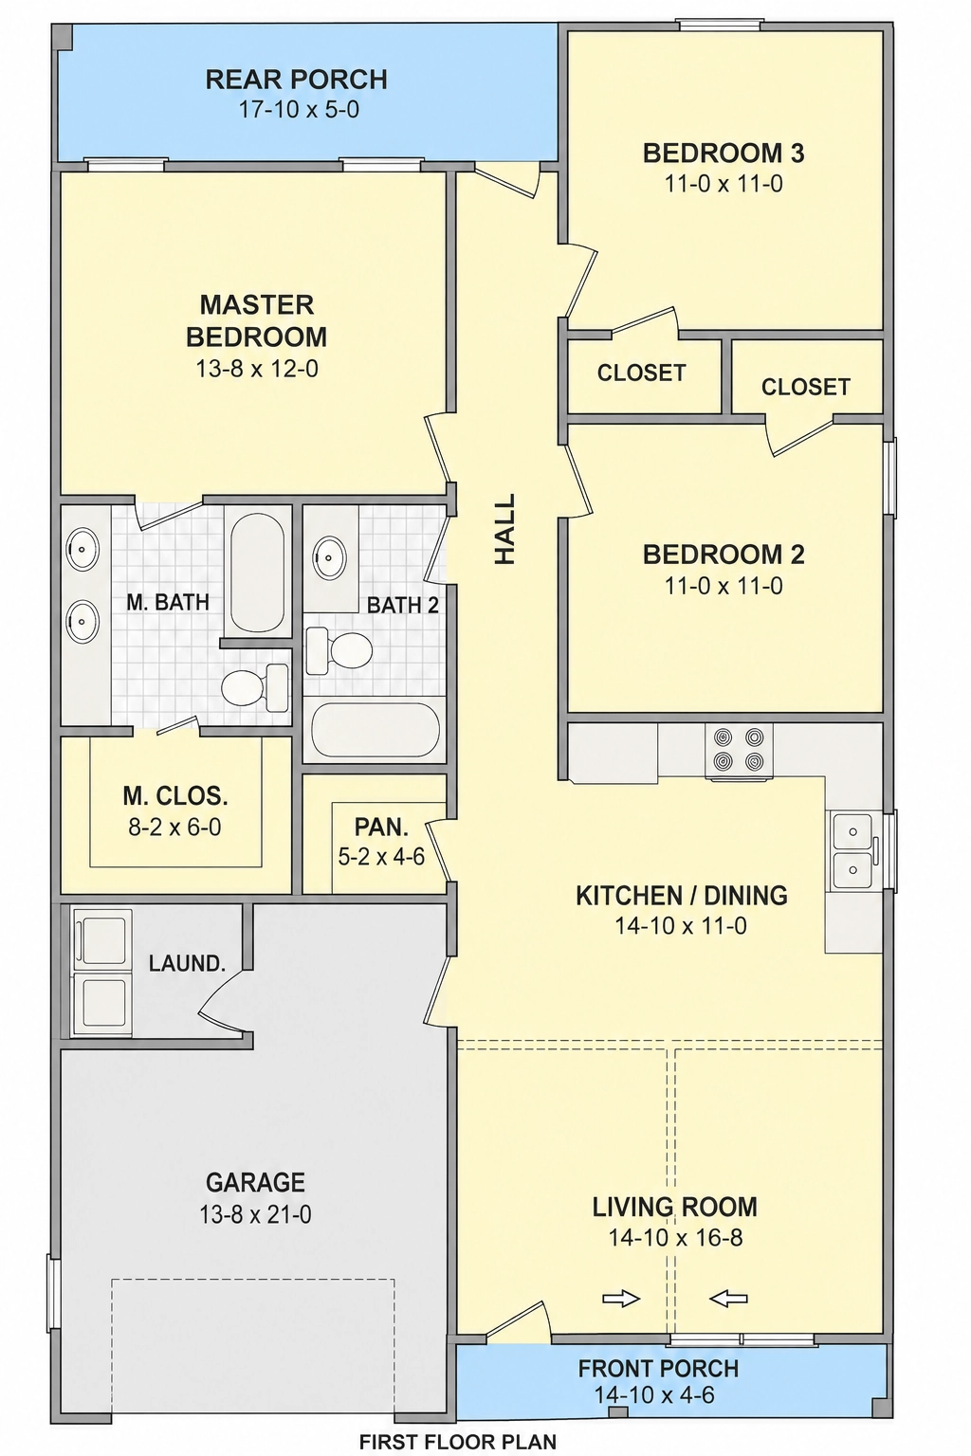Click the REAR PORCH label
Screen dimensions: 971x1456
click(297, 80)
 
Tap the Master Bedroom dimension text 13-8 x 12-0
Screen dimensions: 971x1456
click(257, 369)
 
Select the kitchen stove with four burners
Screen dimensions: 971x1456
click(739, 752)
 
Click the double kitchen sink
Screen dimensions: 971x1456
click(853, 850)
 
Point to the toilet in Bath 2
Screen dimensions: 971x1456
click(339, 650)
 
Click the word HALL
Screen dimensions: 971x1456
click(505, 528)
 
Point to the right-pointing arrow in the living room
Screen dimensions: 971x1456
click(621, 1299)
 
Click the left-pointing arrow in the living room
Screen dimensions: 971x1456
click(728, 1299)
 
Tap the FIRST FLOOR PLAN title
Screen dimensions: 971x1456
click(458, 1443)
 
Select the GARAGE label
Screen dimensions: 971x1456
click(256, 1182)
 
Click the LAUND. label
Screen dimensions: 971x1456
click(188, 963)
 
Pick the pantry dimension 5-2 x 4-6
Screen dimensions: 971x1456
click(382, 857)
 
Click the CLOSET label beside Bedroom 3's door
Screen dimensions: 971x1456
click(641, 373)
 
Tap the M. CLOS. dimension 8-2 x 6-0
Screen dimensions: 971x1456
click(174, 827)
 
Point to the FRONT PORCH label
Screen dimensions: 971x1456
click(658, 1368)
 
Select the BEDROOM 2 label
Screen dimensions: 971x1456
click(724, 555)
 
